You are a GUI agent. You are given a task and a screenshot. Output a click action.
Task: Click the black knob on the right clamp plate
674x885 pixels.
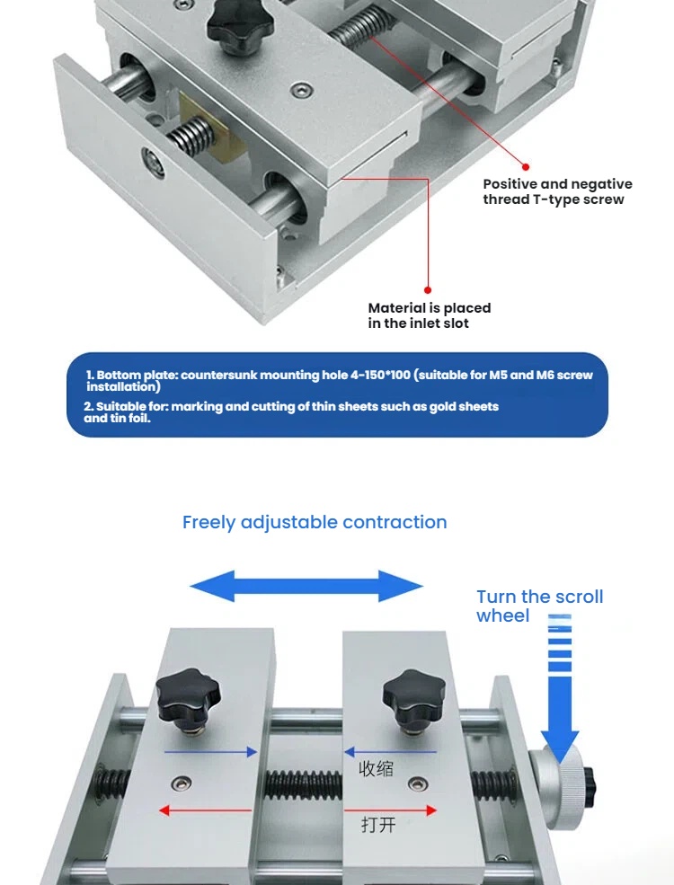coord(414,697)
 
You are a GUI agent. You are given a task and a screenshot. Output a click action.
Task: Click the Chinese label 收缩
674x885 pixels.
coord(377,768)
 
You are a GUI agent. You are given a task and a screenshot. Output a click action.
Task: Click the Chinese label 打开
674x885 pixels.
coord(378,823)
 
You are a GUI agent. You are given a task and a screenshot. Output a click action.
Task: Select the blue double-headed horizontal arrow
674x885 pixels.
coord(306,586)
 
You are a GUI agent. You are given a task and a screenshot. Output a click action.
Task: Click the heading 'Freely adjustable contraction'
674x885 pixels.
coord(315,522)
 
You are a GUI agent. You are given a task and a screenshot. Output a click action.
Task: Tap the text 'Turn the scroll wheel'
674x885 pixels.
coord(539,606)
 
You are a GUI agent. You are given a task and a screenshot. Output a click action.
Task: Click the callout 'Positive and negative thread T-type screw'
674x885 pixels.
coord(557,191)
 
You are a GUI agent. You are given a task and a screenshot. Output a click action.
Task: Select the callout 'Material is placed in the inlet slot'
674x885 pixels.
coord(430,315)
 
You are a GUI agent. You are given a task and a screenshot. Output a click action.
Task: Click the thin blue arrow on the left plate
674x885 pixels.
coord(210,752)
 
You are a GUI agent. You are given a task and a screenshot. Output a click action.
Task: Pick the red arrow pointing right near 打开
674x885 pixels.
coord(390,810)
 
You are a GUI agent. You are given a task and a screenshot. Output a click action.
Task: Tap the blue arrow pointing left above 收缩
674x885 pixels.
coord(390,751)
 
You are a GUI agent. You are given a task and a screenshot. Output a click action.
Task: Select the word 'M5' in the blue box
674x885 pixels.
coord(521,375)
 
